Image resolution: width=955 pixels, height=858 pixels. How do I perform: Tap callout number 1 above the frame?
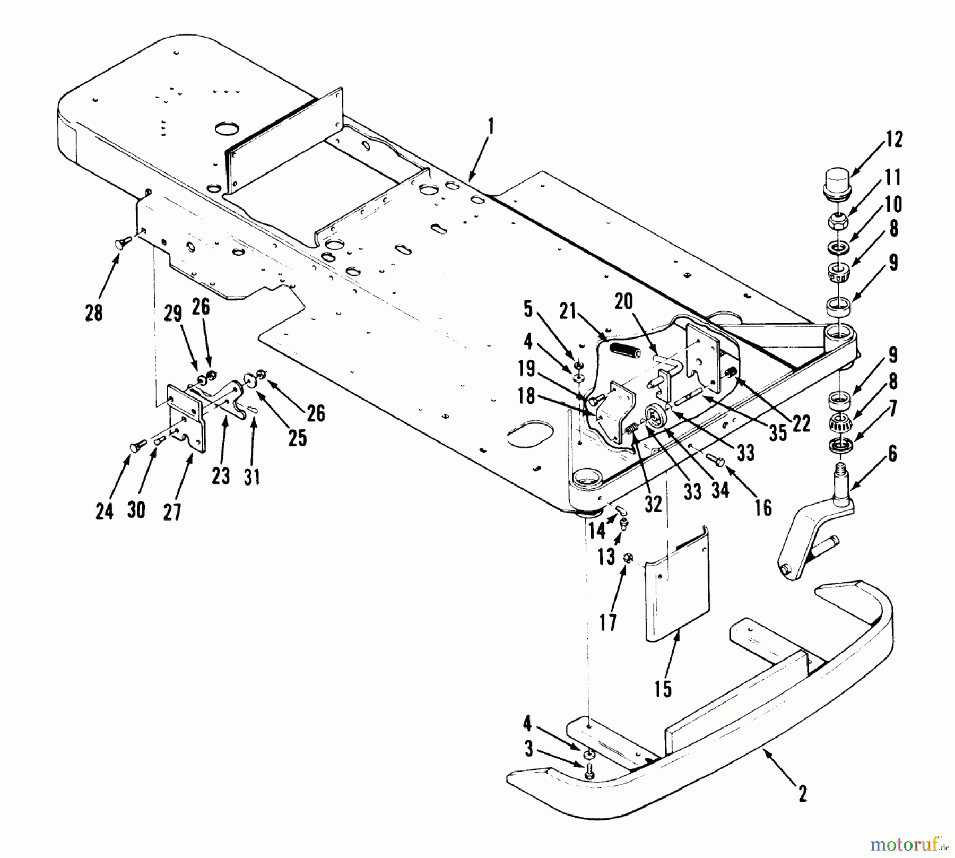pos(491,127)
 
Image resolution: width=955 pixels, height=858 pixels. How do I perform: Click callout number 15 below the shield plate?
pos(663,689)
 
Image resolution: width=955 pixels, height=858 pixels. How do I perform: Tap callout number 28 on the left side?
pos(94,313)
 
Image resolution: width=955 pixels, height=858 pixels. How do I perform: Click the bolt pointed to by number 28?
pos(119,244)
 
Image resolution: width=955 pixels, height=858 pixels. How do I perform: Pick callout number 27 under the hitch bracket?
pos(172,512)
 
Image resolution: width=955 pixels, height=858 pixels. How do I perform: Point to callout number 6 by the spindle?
pos(892,454)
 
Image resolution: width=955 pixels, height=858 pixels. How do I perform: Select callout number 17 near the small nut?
pos(608,622)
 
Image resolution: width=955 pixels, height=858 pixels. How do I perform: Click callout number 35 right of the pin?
pos(778,432)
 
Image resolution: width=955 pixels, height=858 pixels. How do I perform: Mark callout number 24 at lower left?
pos(105,512)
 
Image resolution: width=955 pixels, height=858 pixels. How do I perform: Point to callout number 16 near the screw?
pos(763,508)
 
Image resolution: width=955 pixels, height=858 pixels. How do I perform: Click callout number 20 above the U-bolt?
pos(624,301)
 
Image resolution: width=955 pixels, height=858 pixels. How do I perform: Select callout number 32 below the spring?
pos(653,504)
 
